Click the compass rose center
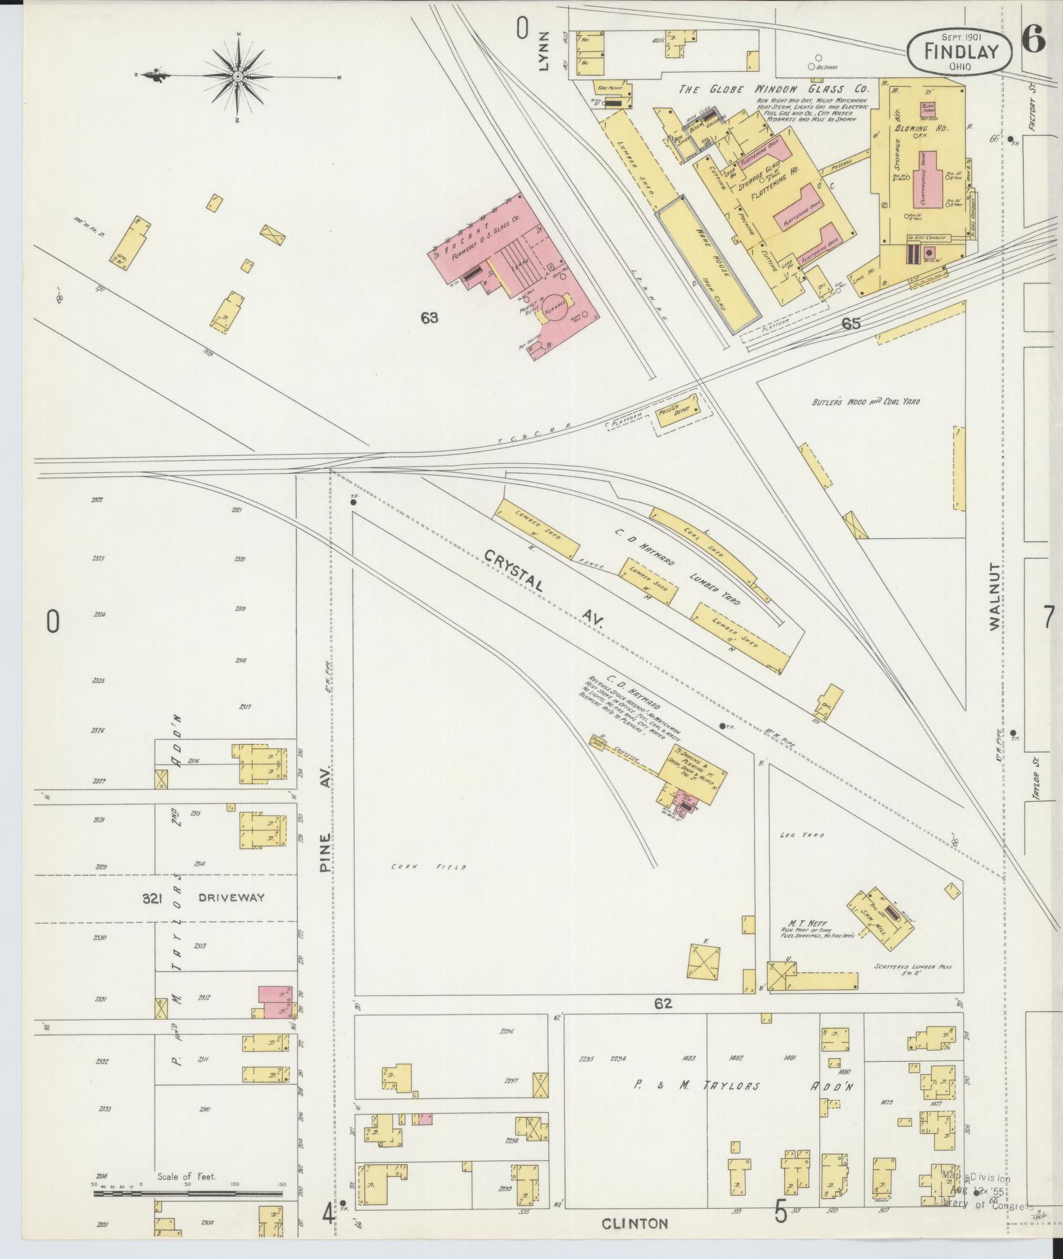(238, 77)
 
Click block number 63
(429, 318)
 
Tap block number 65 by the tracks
(851, 323)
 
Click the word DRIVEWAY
(232, 898)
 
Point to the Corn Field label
(428, 867)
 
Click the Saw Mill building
(879, 913)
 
